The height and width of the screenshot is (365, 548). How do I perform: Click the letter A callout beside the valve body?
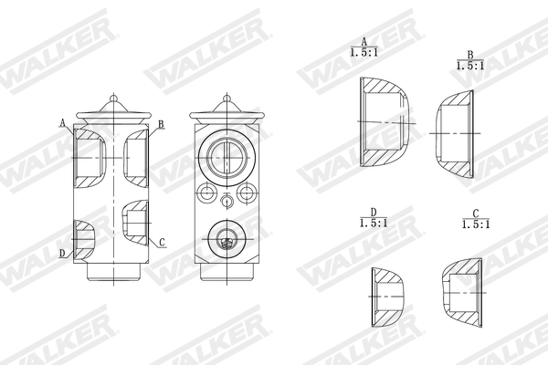[62, 122]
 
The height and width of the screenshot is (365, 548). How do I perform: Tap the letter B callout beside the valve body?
[161, 124]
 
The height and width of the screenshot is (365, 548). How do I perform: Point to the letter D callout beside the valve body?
[62, 253]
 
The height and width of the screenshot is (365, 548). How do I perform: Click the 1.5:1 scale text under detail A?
[364, 54]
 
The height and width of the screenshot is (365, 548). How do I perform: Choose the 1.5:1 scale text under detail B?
[469, 67]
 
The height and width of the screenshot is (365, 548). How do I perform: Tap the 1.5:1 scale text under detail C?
[475, 224]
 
